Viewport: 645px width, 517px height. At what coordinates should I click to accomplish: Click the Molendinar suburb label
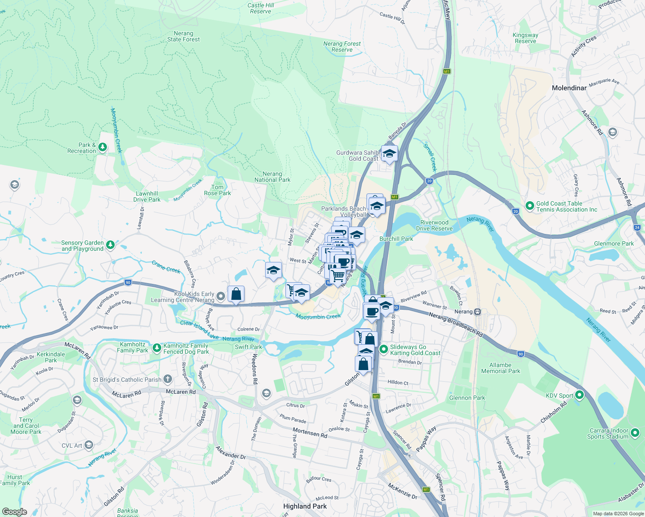569,88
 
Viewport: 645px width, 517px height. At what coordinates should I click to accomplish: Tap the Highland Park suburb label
305,506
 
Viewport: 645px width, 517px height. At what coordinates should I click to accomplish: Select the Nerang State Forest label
184,37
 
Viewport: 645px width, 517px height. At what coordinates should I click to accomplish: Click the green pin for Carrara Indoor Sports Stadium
635,433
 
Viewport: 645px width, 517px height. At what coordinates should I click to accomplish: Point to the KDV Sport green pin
579,395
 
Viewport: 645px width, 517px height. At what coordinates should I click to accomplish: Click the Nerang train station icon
477,311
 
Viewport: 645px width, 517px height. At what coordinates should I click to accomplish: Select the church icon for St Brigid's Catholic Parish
167,380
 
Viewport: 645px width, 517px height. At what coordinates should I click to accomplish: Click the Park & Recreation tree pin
102,148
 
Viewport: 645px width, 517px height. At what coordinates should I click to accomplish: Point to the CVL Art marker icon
89,445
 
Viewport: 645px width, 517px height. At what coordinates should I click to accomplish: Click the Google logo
14,511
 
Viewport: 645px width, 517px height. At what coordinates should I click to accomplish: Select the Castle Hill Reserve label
261,8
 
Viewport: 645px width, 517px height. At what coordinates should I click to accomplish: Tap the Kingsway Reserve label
525,38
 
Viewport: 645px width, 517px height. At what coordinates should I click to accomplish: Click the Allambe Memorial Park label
501,368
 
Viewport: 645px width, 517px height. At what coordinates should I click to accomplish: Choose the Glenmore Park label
614,243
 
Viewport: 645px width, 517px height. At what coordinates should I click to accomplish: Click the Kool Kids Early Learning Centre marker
221,296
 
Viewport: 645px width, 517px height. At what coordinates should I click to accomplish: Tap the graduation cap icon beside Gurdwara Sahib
389,153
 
